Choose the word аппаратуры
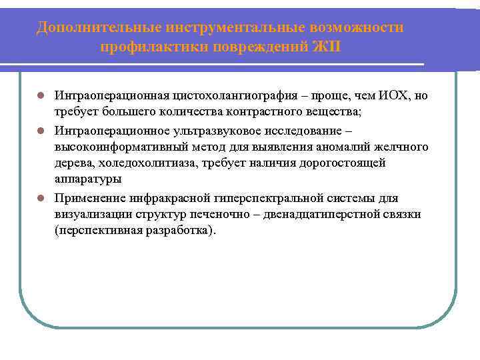[88, 180]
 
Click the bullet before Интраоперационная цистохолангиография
[41, 96]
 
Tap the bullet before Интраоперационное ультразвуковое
[41, 129]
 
